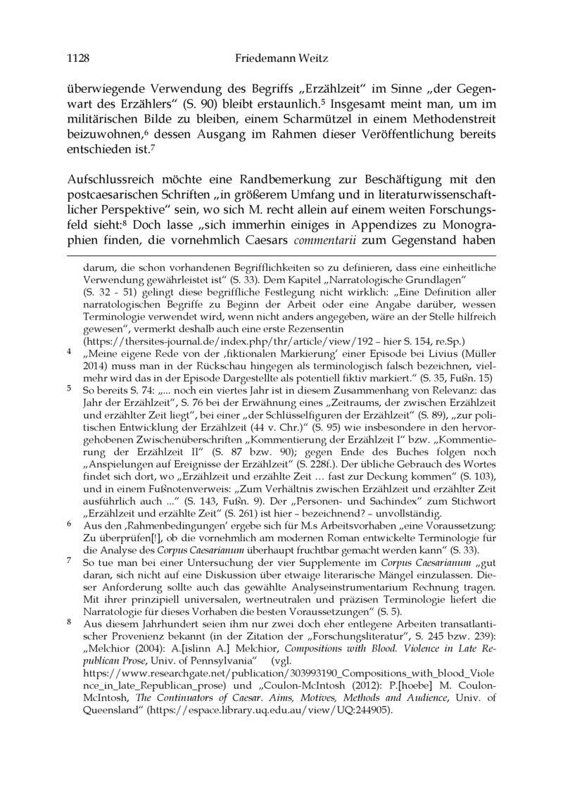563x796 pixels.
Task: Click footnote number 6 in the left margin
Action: pyautogui.click(x=69, y=524)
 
